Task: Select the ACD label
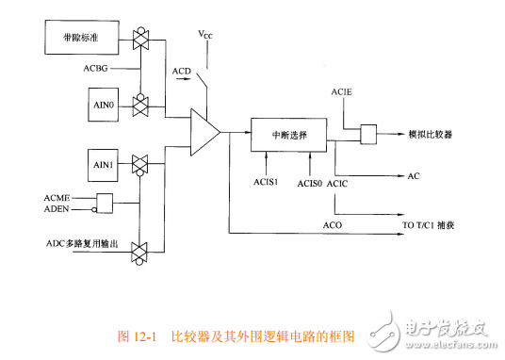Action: (x=183, y=73)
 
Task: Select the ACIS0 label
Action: (x=310, y=182)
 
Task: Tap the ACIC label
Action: (x=339, y=182)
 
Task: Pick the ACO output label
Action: (x=332, y=226)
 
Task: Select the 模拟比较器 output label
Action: (x=430, y=135)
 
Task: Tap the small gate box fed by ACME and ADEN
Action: (x=104, y=203)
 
